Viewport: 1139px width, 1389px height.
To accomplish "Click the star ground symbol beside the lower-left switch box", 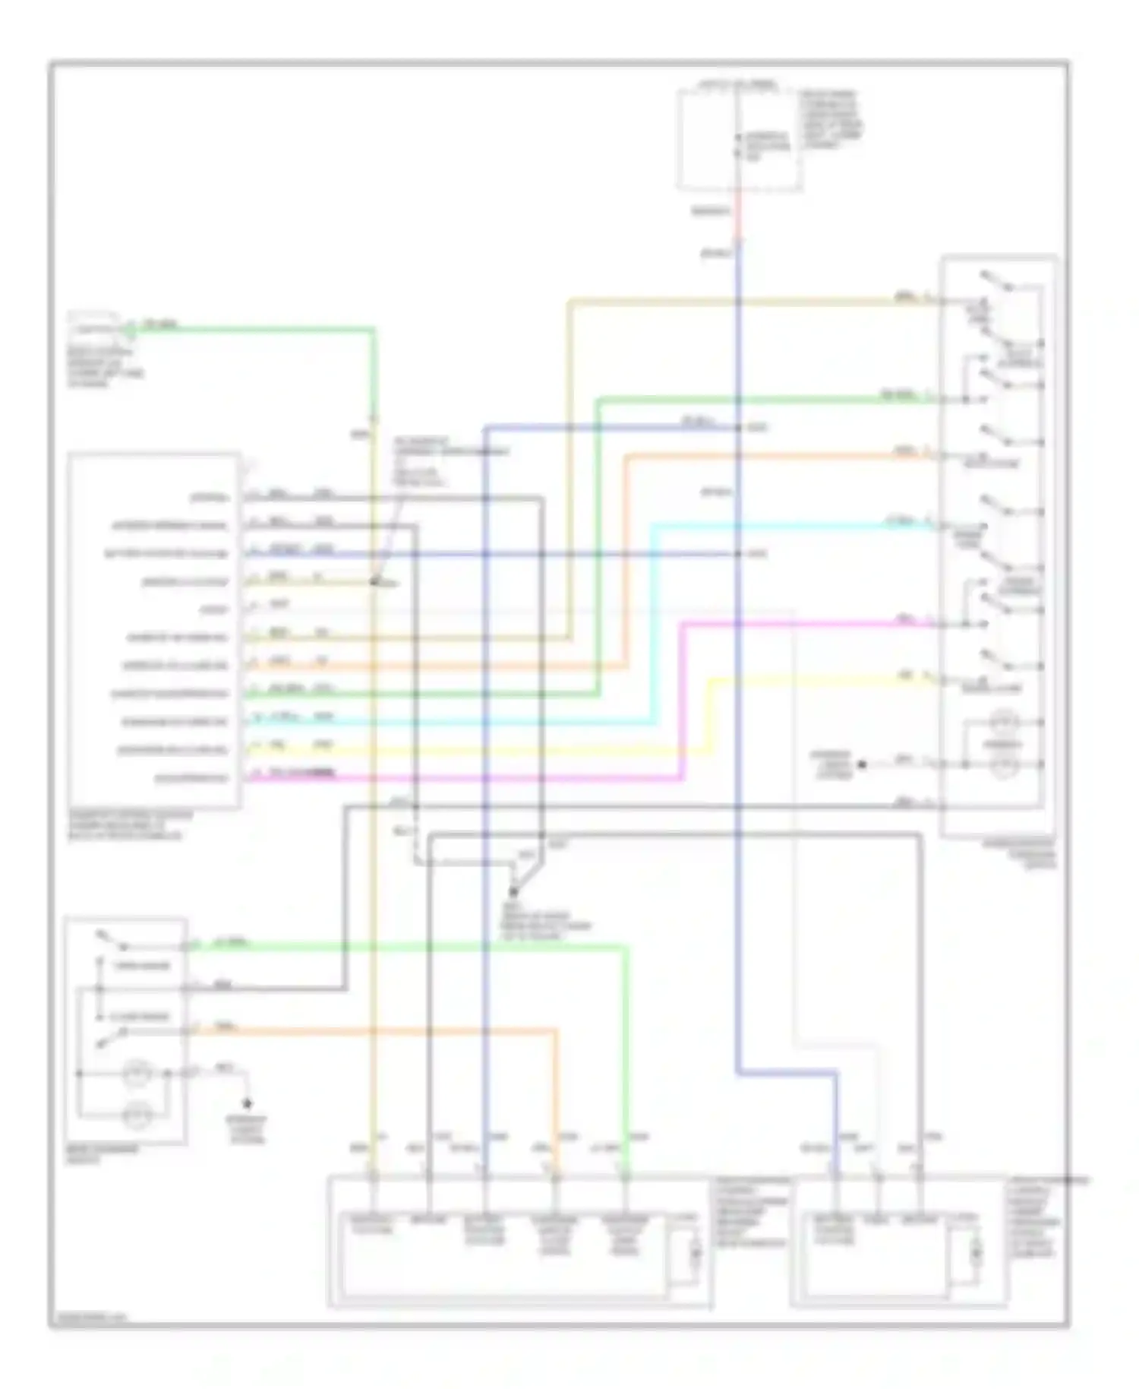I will coord(248,1103).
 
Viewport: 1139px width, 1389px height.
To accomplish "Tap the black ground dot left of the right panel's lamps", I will coord(861,764).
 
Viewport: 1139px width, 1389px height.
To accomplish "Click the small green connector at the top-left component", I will coord(129,328).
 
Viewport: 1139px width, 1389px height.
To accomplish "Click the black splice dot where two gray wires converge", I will coord(513,891).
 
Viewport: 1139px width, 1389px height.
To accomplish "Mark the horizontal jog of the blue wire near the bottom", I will coord(786,1072).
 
